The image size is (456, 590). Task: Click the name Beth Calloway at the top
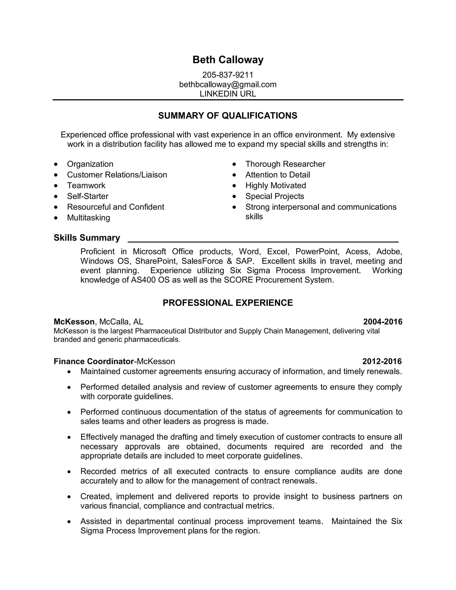click(x=228, y=60)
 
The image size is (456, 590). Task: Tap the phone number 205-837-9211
click(x=228, y=75)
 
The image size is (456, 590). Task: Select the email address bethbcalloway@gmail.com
click(x=228, y=85)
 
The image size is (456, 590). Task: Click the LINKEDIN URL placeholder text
click(x=228, y=94)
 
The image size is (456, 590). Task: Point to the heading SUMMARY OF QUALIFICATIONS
click(x=228, y=116)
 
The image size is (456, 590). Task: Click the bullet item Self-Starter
click(x=88, y=196)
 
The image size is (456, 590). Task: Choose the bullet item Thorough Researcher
click(x=285, y=164)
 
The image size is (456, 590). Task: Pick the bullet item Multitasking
click(x=88, y=218)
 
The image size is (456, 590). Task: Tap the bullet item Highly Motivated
click(x=276, y=186)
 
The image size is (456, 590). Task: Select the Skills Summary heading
click(x=87, y=238)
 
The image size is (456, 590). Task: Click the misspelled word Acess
click(x=357, y=252)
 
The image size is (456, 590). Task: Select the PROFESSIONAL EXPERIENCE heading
click(x=228, y=303)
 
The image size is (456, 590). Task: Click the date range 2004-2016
click(x=383, y=322)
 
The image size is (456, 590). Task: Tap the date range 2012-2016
click(x=382, y=361)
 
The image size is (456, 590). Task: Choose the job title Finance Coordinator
click(x=94, y=361)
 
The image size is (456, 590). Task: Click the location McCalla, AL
click(x=121, y=322)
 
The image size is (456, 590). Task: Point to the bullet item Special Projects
click(x=275, y=196)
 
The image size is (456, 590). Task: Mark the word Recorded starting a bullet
click(x=98, y=471)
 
